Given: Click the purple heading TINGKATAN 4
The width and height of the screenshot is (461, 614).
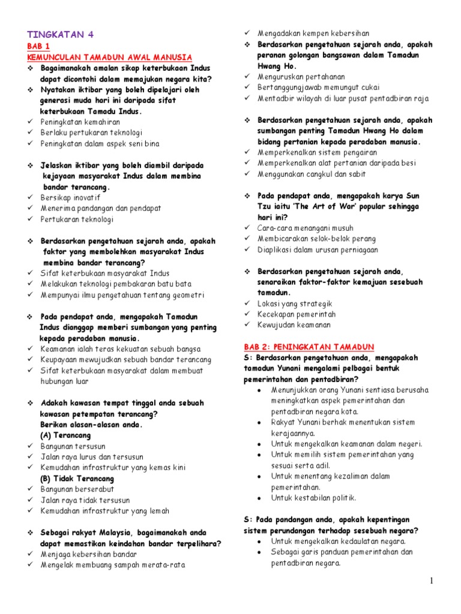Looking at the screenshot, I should [x=61, y=34].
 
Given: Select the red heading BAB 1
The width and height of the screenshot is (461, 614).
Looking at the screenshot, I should [x=39, y=46].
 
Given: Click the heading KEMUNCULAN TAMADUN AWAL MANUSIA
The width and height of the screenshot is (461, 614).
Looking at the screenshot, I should [x=110, y=57].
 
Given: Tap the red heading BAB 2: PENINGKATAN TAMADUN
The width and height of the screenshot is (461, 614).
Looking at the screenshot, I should [x=309, y=347].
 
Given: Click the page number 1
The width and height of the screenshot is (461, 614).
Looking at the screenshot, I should [x=448, y=581].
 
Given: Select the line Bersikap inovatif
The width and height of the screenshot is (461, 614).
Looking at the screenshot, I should [x=70, y=198].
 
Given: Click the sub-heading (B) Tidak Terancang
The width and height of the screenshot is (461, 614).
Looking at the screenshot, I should [x=77, y=479].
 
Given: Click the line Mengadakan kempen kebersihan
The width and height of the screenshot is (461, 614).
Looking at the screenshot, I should [x=313, y=34].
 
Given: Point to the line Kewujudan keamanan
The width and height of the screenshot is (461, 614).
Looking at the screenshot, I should [x=294, y=325].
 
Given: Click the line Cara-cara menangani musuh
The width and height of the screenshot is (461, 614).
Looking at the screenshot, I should [x=306, y=228].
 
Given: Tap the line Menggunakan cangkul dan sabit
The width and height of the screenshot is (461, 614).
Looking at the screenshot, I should [x=312, y=174].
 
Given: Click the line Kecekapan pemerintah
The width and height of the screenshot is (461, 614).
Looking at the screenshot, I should [x=297, y=314].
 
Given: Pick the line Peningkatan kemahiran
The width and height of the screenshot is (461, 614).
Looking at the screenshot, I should [x=80, y=122].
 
